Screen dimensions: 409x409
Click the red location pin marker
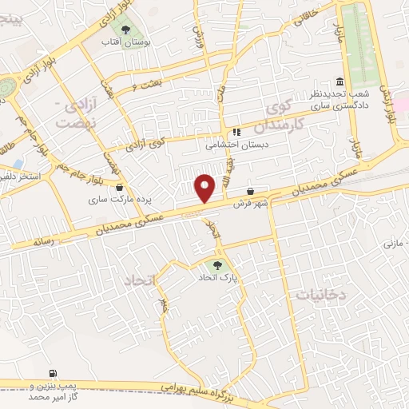click(x=205, y=188)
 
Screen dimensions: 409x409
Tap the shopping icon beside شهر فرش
click(x=252, y=193)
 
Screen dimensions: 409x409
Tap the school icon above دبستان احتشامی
click(x=236, y=133)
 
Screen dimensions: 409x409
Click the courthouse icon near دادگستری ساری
click(x=339, y=83)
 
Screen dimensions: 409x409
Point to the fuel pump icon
click(x=53, y=372)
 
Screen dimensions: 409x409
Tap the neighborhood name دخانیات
click(x=320, y=294)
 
